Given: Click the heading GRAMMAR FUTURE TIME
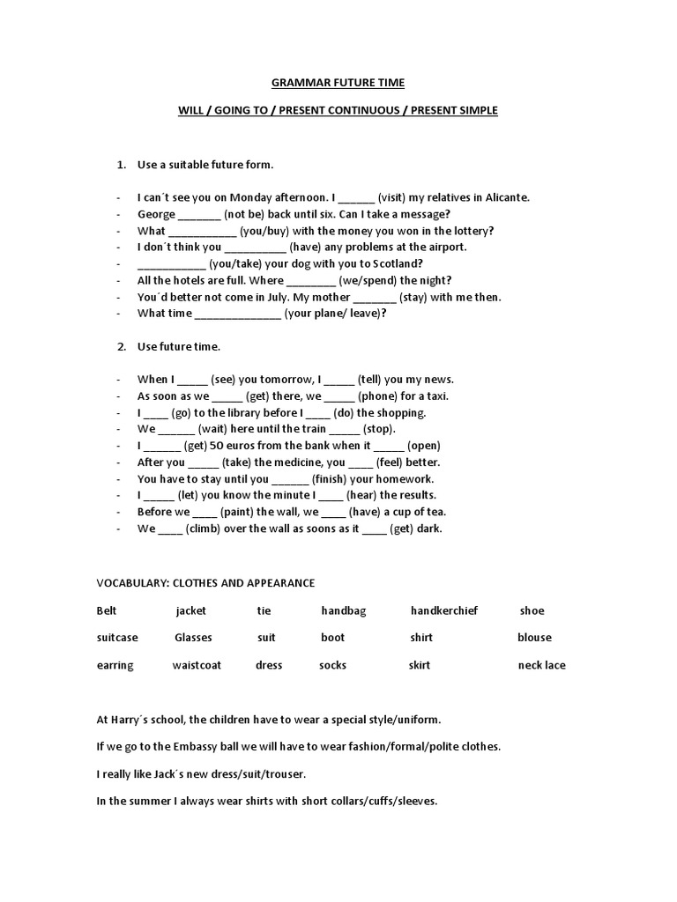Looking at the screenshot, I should (x=338, y=84).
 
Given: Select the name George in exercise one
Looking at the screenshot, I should (x=156, y=214).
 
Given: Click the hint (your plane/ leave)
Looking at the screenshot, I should (x=336, y=313).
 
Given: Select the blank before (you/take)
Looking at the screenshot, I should (x=171, y=263).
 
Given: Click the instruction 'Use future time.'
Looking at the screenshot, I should (x=178, y=346).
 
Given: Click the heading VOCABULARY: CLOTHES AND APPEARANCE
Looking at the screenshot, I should (x=205, y=583).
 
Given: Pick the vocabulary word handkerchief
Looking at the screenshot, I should (x=443, y=610).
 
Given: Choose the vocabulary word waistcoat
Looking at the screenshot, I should (x=198, y=665).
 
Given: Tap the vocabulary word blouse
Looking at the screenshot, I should (x=534, y=638).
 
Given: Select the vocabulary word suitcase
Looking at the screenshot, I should (x=117, y=638).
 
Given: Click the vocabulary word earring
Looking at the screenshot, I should (x=115, y=665).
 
